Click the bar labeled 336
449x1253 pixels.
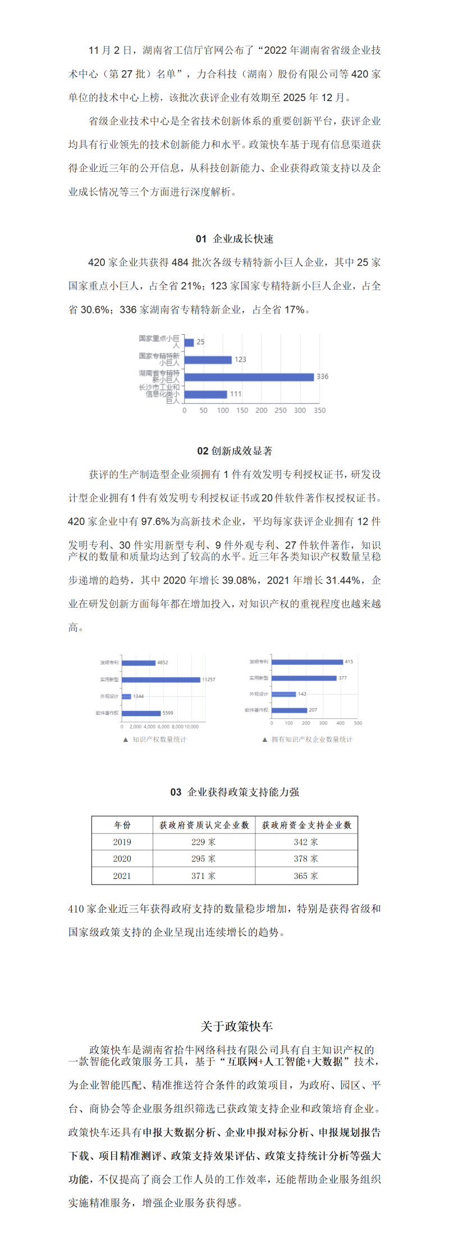pos(249,377)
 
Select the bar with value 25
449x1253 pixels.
pos(189,342)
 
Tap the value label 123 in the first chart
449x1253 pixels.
pos(240,359)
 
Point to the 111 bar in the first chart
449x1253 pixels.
pos(205,394)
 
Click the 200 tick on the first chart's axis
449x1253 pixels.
pos(261,411)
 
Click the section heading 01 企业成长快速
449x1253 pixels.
pos(235,239)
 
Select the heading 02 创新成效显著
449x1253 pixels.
pos(235,451)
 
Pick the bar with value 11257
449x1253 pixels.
pos(161,680)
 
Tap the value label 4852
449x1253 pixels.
pos(163,663)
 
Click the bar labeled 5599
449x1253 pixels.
pos(141,713)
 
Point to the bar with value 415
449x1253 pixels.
pos(307,662)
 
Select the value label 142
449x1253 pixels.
pos(302,694)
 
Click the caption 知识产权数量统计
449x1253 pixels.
pos(159,740)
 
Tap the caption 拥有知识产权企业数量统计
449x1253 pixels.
pos(311,740)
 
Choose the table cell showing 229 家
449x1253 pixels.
pos(203,842)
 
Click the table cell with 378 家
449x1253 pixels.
pos(306,859)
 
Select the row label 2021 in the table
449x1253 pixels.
pos(122,876)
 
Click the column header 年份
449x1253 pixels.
pos(122,825)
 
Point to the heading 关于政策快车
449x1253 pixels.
pos(236,1027)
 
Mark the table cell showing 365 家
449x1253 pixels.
pos(306,876)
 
